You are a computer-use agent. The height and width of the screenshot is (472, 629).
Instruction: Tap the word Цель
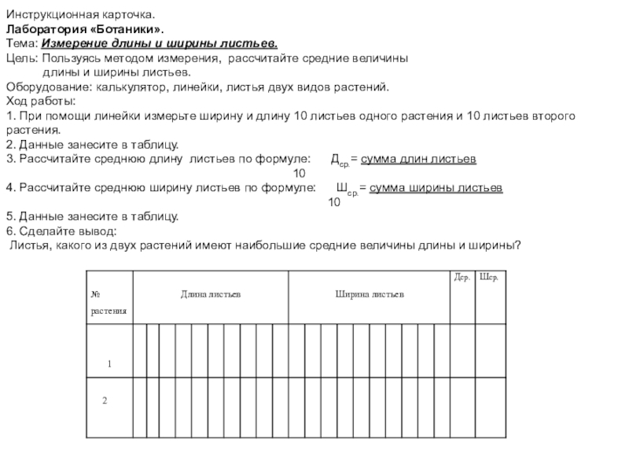point(21,58)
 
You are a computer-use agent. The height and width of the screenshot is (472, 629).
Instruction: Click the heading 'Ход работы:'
point(41,101)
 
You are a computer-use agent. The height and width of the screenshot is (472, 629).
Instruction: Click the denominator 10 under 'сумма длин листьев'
point(300,173)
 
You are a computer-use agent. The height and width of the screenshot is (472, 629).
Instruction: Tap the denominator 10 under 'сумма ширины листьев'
point(334,202)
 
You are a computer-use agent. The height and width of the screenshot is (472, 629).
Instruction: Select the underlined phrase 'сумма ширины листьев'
point(436,188)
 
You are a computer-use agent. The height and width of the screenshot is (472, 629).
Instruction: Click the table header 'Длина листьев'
point(211,294)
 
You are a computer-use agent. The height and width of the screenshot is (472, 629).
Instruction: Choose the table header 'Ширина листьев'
point(370,294)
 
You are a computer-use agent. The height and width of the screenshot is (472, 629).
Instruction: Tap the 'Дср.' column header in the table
point(462,277)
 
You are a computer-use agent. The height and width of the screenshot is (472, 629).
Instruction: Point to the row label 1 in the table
point(111,364)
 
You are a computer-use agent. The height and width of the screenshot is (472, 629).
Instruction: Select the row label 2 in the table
point(103,400)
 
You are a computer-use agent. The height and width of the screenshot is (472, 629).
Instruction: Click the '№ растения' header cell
point(109,302)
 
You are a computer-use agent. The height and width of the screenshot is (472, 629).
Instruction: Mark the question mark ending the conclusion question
point(519,245)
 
